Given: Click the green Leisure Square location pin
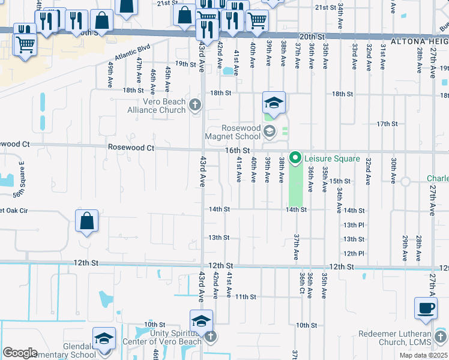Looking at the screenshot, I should [x=295, y=158].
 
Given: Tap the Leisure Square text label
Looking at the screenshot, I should [x=331, y=159].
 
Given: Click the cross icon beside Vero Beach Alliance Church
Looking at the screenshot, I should [x=194, y=106].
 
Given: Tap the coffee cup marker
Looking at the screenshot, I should [x=426, y=309].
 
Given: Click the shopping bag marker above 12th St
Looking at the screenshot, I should [x=87, y=221].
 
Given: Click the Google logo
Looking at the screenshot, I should [x=20, y=352].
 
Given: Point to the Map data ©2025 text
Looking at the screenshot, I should [x=423, y=355].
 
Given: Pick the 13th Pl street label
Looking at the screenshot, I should [x=354, y=224].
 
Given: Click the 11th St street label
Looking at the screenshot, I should [x=246, y=296].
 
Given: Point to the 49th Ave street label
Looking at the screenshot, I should [x=111, y=74].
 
